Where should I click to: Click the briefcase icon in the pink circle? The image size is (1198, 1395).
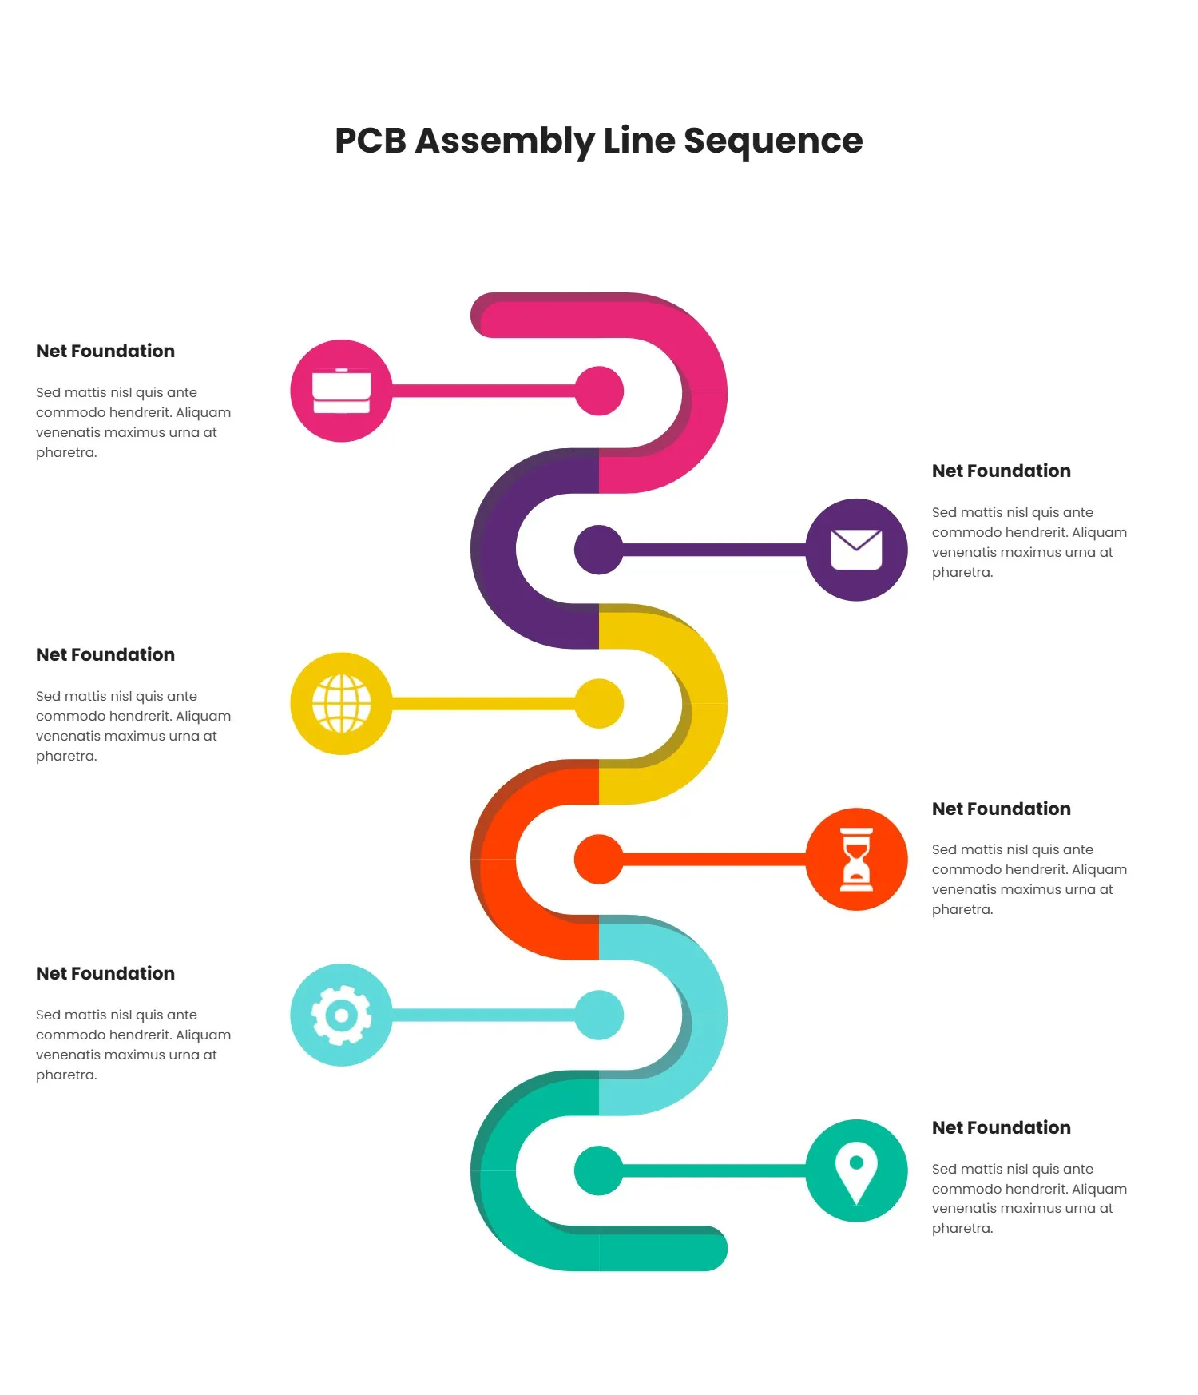pos(341,391)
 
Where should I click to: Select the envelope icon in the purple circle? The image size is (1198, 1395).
pos(856,550)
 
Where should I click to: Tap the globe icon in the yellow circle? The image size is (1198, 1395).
pos(341,703)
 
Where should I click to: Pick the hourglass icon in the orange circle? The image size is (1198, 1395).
pos(856,859)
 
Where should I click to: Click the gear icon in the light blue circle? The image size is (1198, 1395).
pos(341,1015)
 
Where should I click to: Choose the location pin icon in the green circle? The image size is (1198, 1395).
pos(856,1170)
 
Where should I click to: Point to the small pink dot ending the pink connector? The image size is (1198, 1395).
pos(599,391)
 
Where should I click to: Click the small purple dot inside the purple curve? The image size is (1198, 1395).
pos(599,550)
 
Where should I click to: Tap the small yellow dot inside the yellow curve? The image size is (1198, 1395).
pos(599,703)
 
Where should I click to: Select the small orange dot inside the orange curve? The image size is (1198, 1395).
pos(599,859)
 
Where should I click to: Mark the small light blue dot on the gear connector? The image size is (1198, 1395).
pos(599,1015)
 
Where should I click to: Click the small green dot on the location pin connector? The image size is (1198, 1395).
pos(599,1170)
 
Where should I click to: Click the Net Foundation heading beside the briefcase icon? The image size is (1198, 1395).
pos(105,352)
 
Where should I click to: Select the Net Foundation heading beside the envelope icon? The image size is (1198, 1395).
pos(1001,471)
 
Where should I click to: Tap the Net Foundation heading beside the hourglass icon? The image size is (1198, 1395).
pos(1001,809)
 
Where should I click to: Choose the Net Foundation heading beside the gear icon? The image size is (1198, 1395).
pos(105,973)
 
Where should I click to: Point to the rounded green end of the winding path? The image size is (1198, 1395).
pos(707,1248)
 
